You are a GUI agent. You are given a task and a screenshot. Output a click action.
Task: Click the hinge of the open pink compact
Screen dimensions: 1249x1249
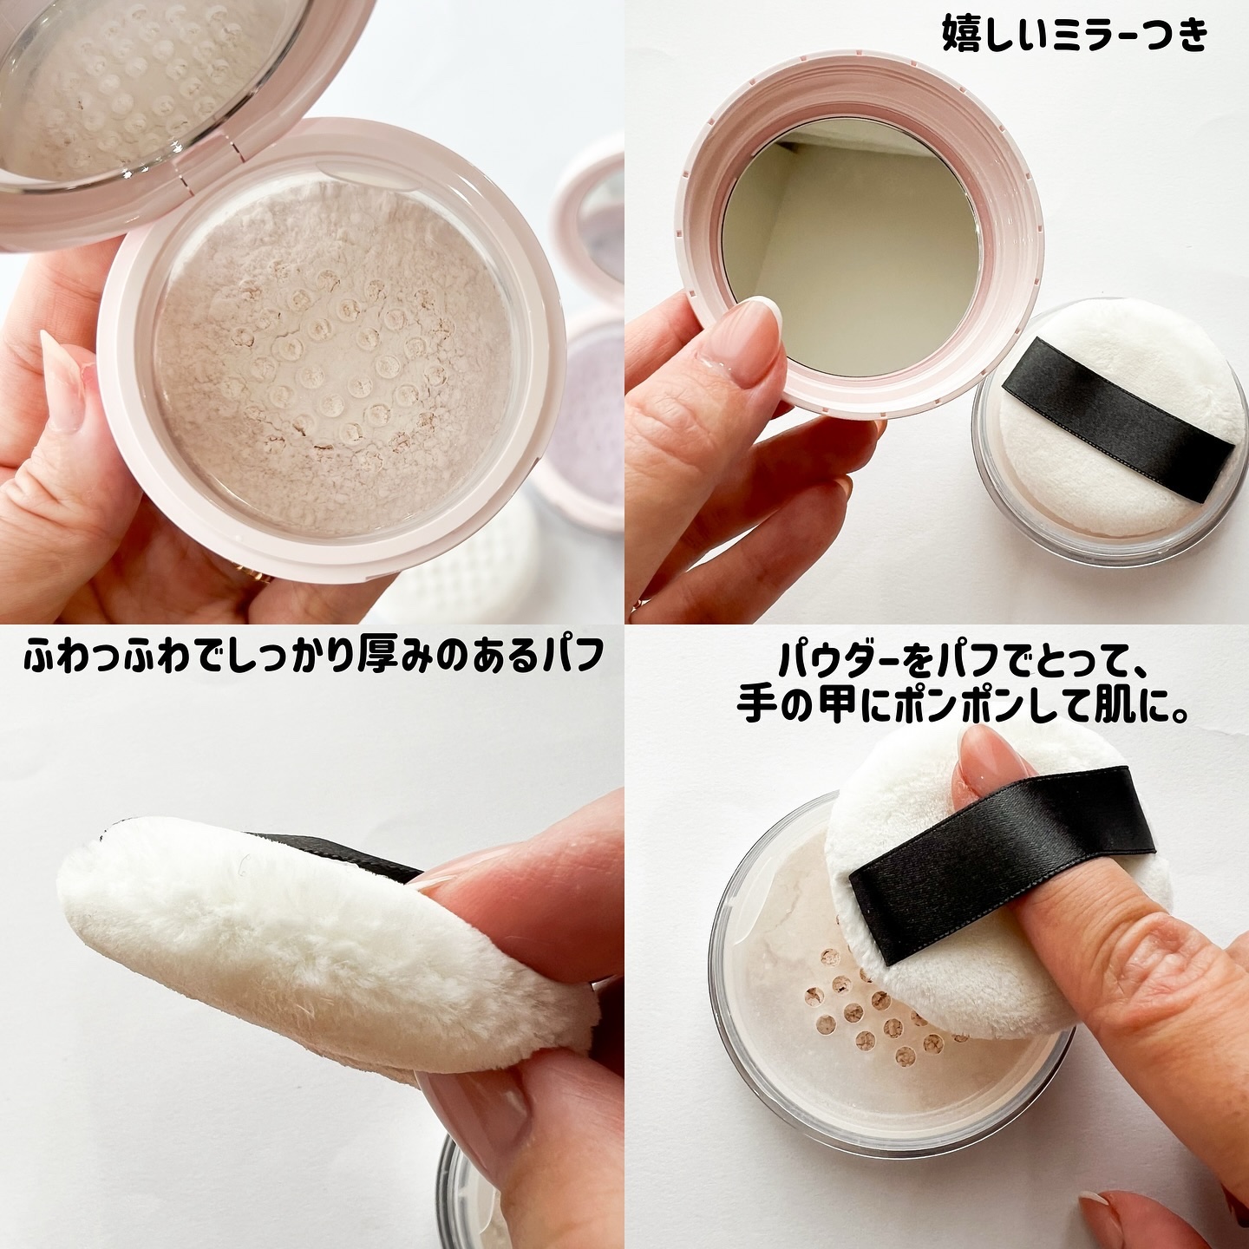point(206,174)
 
